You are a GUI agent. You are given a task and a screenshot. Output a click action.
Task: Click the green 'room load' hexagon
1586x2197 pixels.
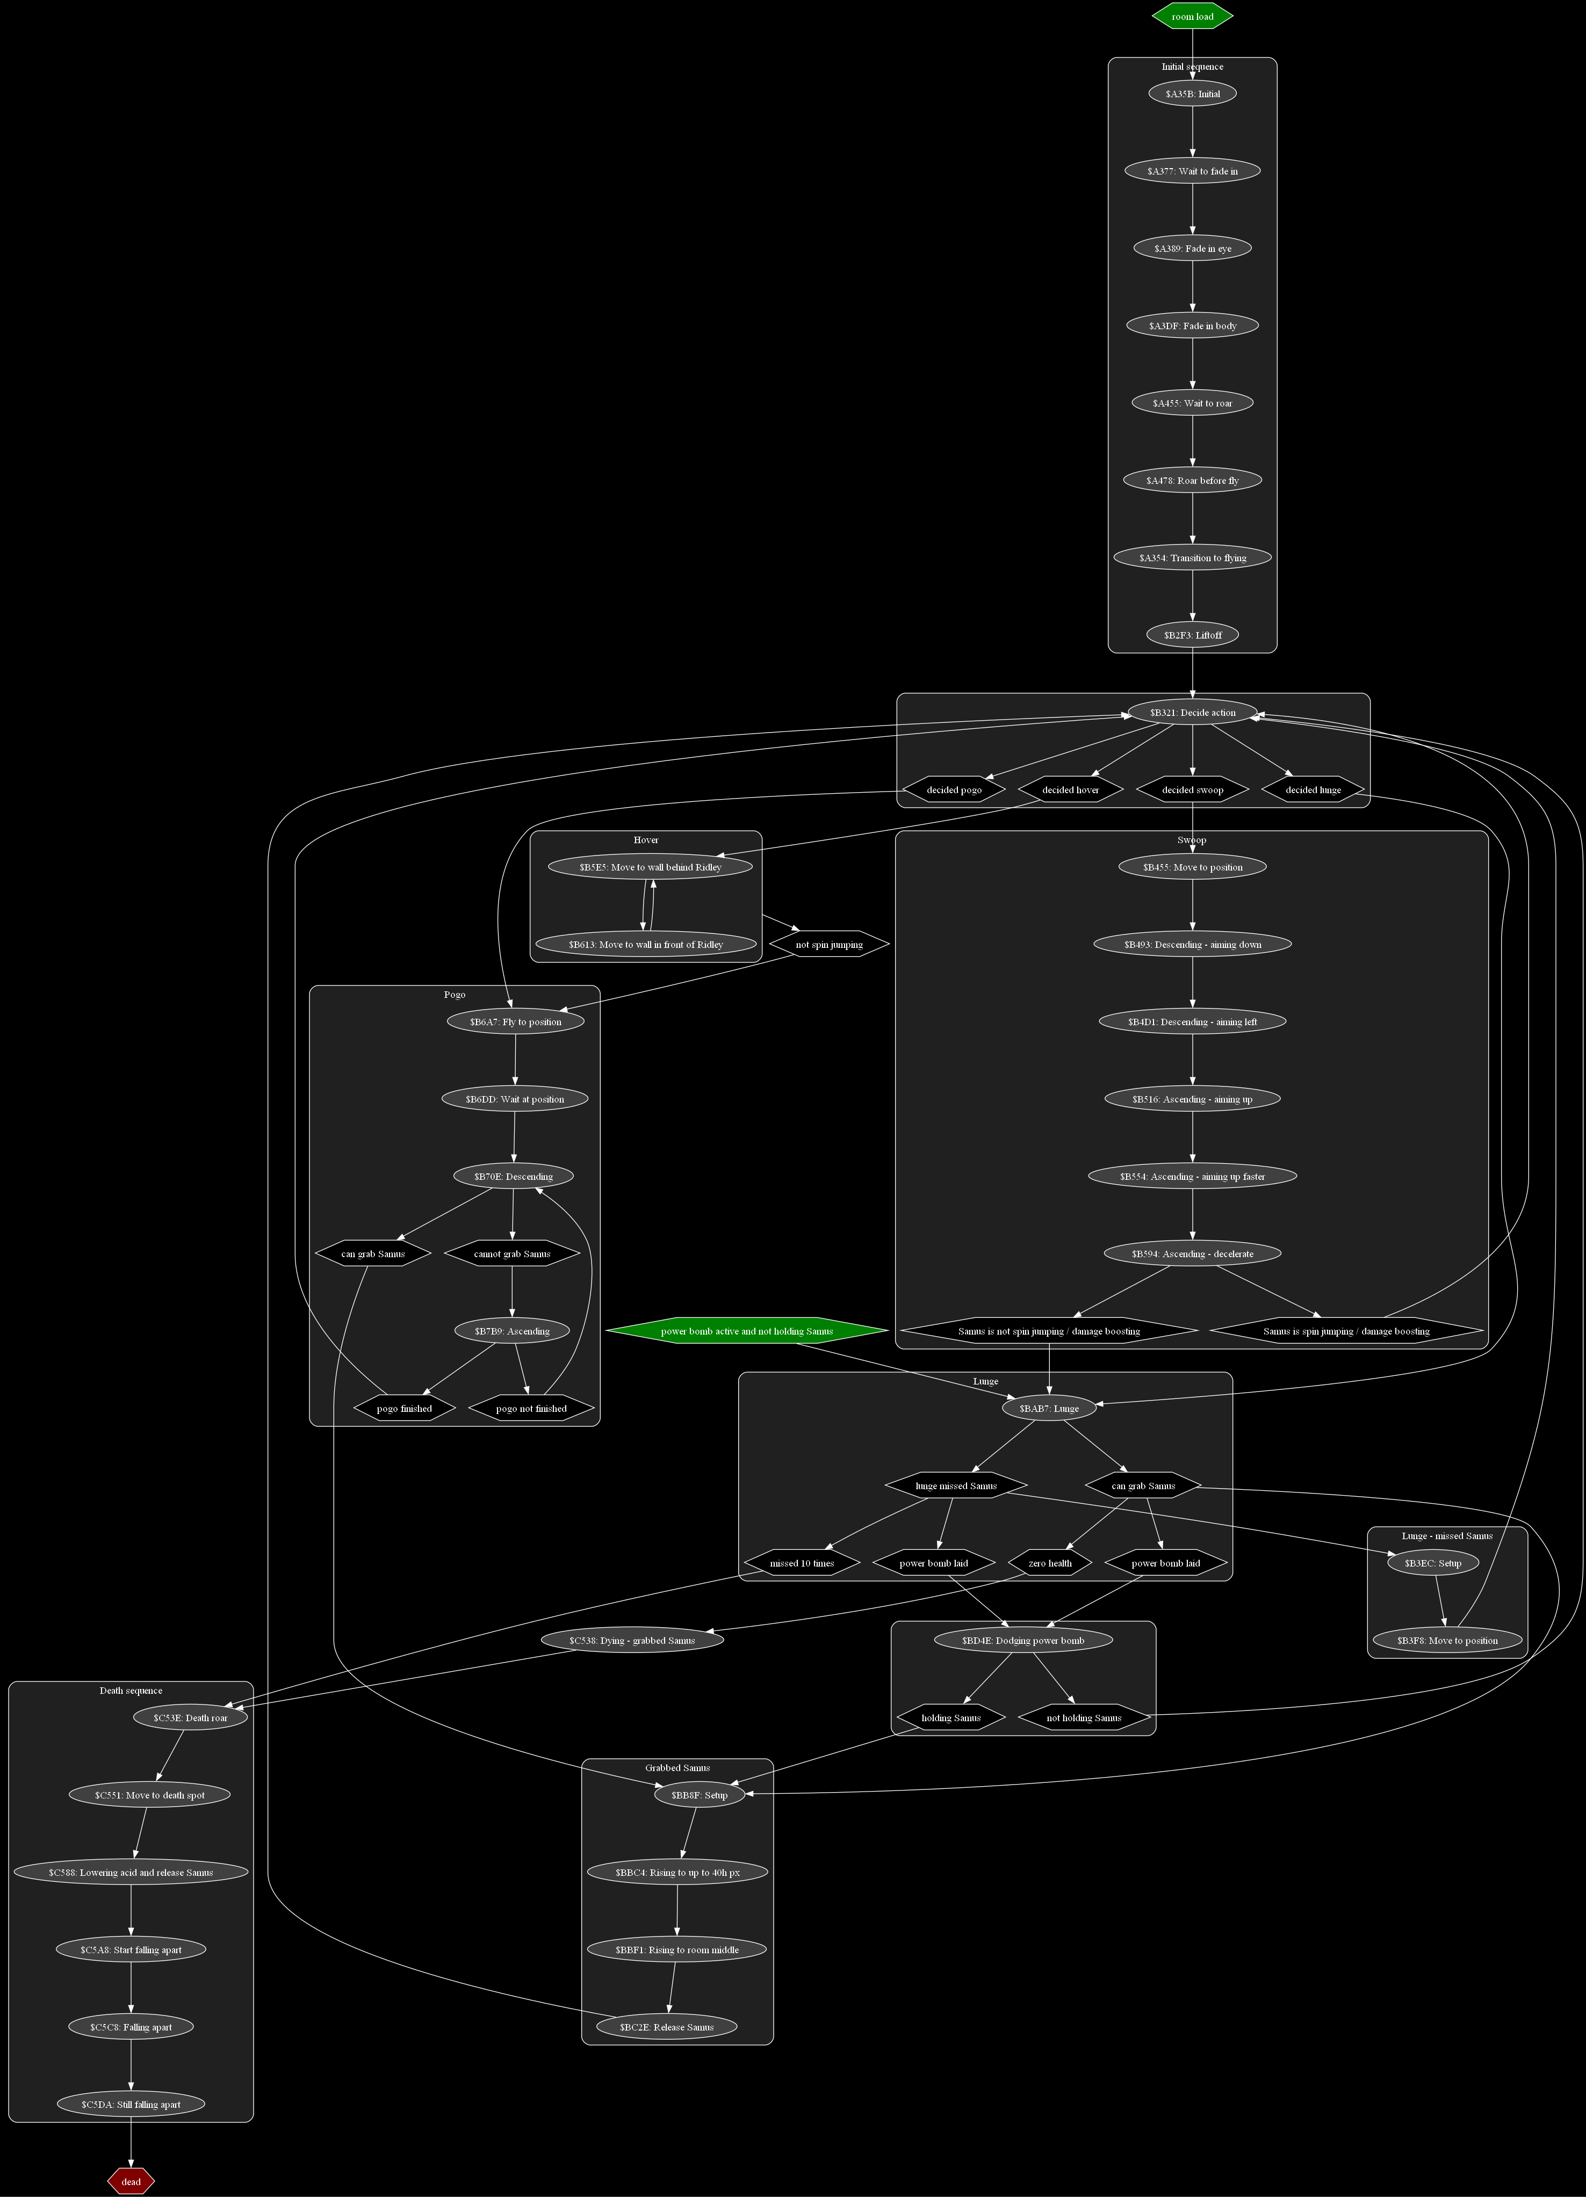tap(1192, 17)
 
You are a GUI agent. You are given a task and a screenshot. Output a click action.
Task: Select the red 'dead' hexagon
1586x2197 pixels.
tap(131, 2181)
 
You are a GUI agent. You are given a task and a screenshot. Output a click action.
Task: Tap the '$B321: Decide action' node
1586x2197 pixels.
tap(1192, 713)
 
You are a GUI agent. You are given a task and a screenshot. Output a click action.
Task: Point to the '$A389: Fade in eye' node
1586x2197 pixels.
tap(1192, 249)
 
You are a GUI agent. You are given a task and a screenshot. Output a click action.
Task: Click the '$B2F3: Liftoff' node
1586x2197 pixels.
tap(1192, 635)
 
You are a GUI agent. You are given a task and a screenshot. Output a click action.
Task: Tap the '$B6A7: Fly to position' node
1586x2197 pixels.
tap(515, 1022)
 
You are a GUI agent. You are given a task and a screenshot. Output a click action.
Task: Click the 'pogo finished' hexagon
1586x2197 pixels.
tap(404, 1409)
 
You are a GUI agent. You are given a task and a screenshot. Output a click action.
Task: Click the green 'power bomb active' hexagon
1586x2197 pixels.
tap(746, 1331)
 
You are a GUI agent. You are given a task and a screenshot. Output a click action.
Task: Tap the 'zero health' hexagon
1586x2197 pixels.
tap(1049, 1563)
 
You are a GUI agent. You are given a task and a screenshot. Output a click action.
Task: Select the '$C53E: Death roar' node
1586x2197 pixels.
tap(190, 1717)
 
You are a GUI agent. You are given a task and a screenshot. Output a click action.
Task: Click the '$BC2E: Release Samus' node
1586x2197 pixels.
tap(667, 2027)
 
